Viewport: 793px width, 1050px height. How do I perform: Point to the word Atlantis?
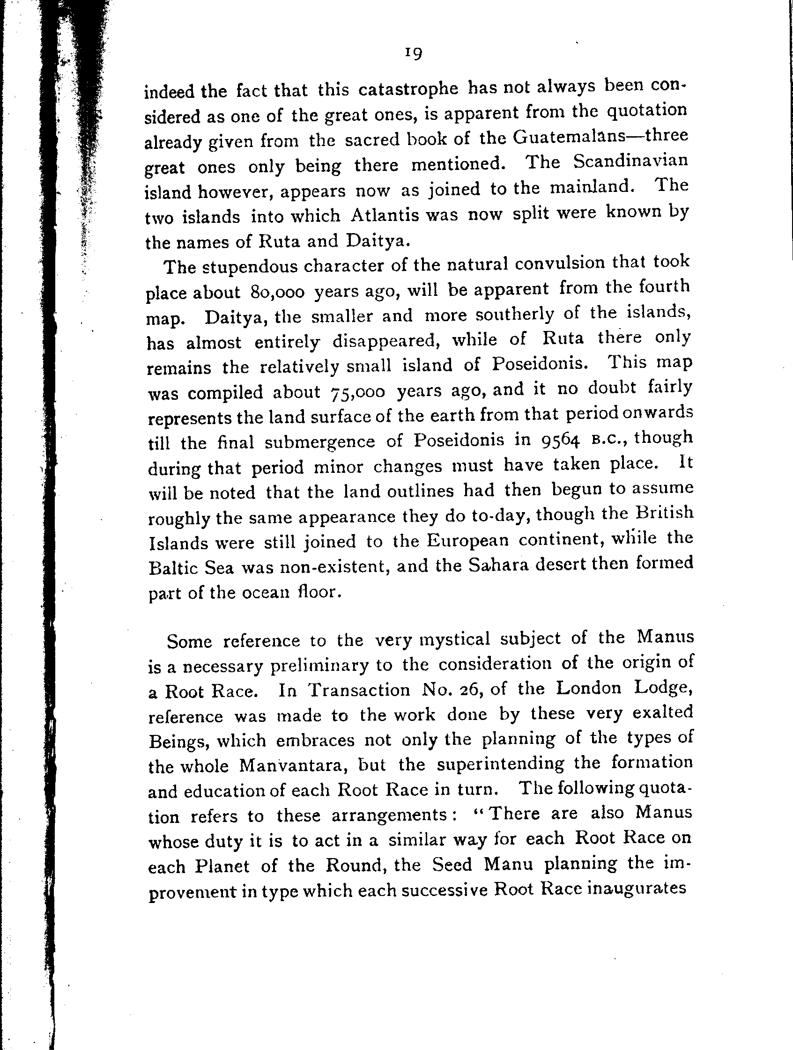click(385, 215)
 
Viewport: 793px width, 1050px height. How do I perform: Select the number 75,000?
click(356, 392)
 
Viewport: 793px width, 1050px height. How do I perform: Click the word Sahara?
click(501, 565)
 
